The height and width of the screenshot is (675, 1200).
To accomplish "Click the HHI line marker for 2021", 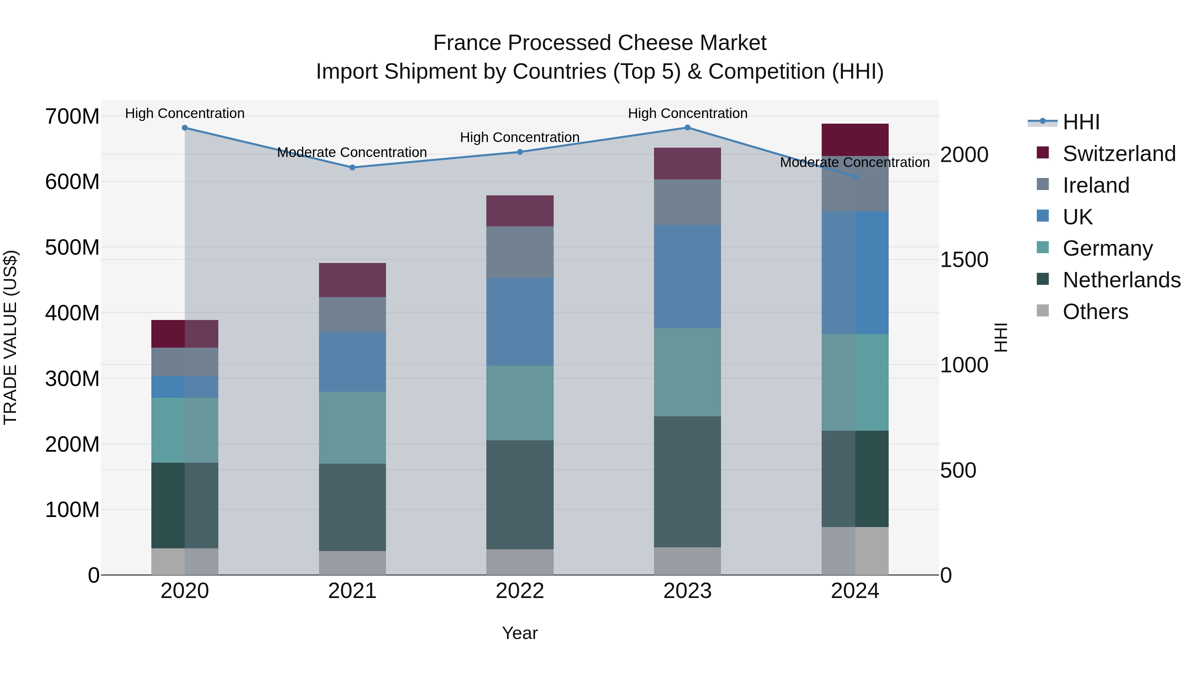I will pyautogui.click(x=352, y=167).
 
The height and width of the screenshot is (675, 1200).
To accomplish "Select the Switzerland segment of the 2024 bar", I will pyautogui.click(x=855, y=140).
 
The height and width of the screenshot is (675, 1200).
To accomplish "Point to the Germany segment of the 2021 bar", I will pyautogui.click(x=352, y=427).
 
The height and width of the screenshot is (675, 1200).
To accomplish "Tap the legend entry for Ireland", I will pyautogui.click(x=1096, y=185).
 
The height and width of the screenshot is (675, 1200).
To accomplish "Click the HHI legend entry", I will pyautogui.click(x=1081, y=122).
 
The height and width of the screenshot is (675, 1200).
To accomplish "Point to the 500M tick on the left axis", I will pyautogui.click(x=72, y=247).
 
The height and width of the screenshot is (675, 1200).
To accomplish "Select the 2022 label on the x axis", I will pyautogui.click(x=520, y=591).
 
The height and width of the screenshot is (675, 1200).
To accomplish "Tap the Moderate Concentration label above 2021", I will pyautogui.click(x=352, y=152).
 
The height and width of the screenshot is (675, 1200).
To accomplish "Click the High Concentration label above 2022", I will pyautogui.click(x=520, y=137).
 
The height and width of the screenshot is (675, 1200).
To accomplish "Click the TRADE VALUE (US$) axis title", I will pyautogui.click(x=11, y=337).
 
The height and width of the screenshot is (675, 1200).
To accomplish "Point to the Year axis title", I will pyautogui.click(x=520, y=633).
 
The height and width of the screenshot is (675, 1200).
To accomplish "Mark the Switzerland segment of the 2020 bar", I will pyautogui.click(x=185, y=334).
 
